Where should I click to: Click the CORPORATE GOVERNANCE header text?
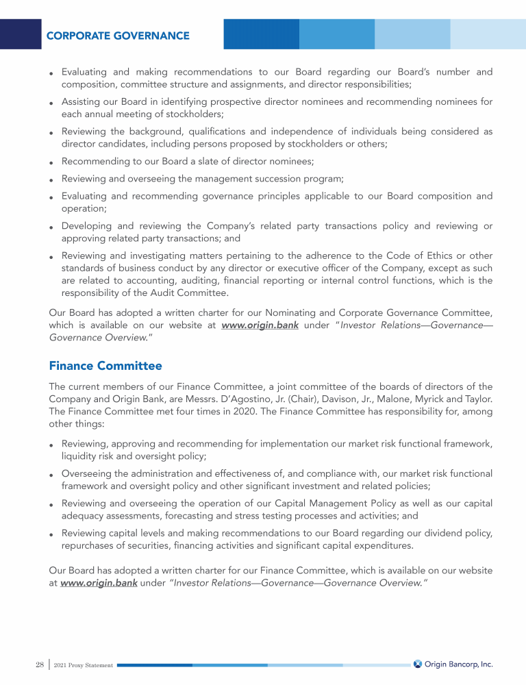(118, 35)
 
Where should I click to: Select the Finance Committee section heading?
(105, 366)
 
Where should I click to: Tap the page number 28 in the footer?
(39, 664)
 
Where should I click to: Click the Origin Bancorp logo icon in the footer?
(418, 664)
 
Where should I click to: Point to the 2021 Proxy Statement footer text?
(84, 665)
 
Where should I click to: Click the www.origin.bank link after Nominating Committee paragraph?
(260, 325)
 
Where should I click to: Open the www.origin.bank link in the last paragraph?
(99, 583)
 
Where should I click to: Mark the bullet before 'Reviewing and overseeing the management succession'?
(51, 180)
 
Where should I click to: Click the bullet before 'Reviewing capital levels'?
(51, 534)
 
